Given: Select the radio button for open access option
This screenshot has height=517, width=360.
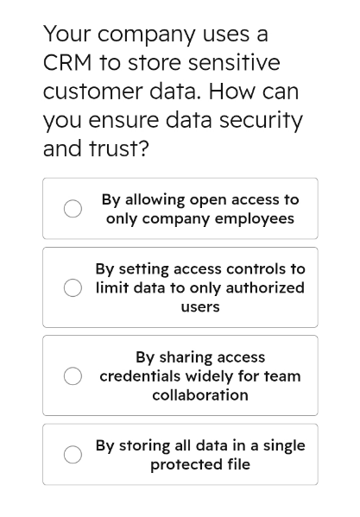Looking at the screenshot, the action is click(x=73, y=208).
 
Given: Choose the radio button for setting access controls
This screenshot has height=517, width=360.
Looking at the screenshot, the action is click(x=73, y=287).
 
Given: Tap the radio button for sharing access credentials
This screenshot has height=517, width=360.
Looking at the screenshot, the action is click(x=73, y=375).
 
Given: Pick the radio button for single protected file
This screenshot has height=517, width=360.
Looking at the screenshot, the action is click(x=73, y=455).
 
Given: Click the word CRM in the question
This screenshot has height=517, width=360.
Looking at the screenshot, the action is click(x=67, y=63).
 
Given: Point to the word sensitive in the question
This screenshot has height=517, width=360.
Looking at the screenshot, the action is click(x=234, y=63).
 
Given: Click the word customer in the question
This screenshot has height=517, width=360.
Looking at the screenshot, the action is click(x=92, y=91).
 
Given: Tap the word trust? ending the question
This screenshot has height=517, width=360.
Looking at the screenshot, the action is click(x=119, y=148).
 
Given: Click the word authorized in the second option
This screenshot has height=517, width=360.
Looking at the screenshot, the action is click(x=265, y=287).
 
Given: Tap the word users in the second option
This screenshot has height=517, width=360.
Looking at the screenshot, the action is click(x=200, y=307).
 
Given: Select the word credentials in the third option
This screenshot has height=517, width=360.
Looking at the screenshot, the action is click(x=139, y=375).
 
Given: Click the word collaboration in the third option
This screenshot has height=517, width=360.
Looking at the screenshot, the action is click(x=200, y=395).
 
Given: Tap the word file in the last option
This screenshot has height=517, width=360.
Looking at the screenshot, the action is click(x=238, y=464).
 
